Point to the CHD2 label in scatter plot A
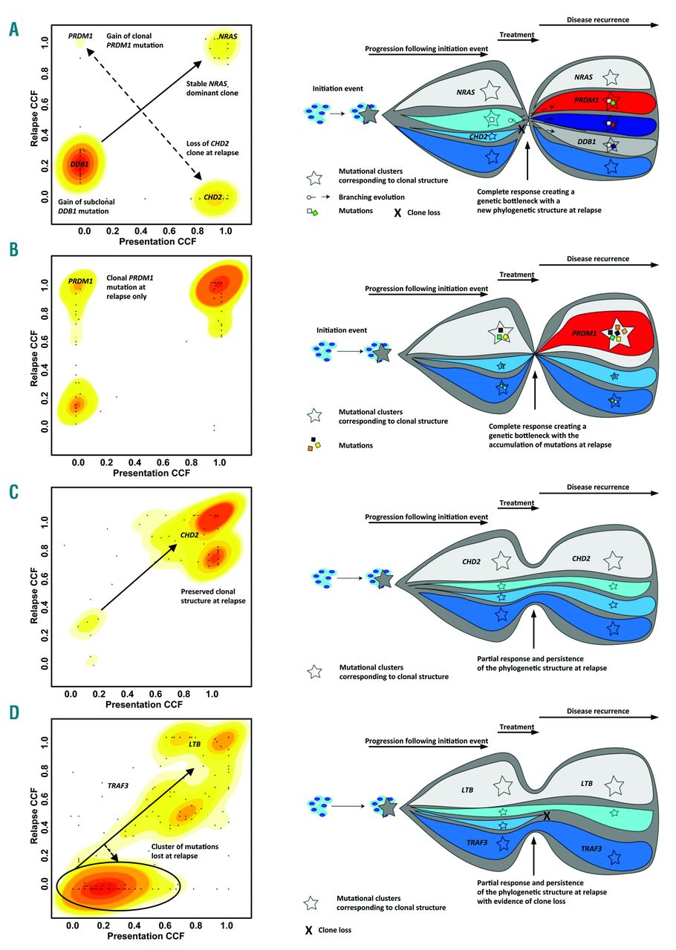point(214,197)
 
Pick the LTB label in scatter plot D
point(195,743)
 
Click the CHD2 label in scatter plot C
point(187,535)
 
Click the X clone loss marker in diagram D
point(547,816)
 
